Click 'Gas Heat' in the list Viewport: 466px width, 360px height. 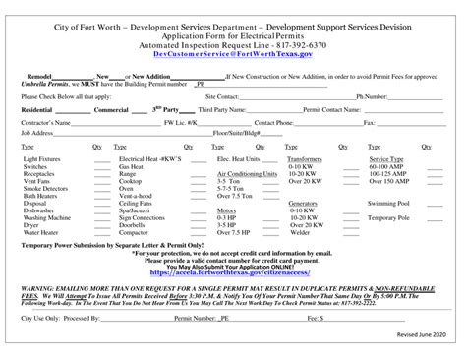click(132, 165)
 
